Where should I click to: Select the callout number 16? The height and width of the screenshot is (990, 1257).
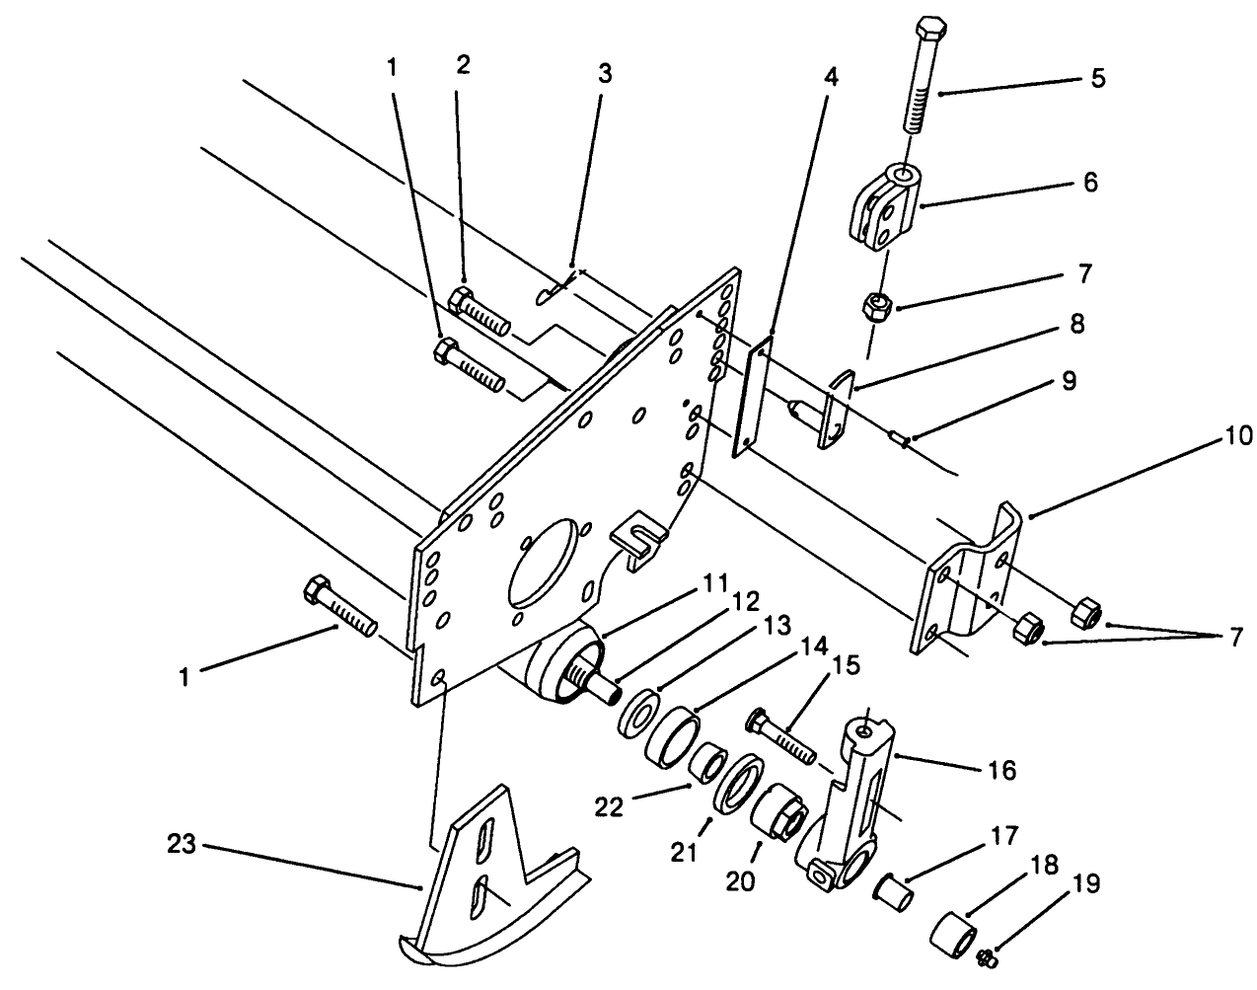tap(1002, 770)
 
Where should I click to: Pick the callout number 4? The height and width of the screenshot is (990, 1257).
tap(832, 76)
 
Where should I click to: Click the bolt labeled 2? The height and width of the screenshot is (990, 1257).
tap(480, 310)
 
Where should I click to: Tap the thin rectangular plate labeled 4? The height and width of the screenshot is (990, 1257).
tap(756, 395)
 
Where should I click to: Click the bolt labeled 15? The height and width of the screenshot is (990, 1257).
tap(784, 736)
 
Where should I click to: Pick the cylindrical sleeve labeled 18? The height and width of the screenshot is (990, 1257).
tap(955, 933)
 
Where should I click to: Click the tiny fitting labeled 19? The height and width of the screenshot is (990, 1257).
tap(988, 955)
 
